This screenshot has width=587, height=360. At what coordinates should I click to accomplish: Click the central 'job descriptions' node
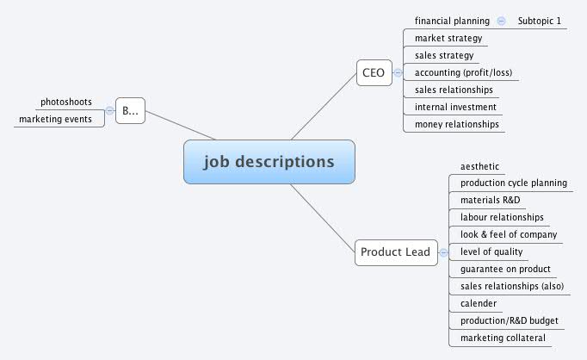269,162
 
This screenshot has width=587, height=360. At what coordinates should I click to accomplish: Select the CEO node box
374,73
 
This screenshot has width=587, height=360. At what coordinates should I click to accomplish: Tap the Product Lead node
395,252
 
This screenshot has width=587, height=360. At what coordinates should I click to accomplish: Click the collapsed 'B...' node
130,110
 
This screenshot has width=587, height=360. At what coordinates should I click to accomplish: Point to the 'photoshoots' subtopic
66,102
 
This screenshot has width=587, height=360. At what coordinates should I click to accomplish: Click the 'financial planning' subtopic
452,21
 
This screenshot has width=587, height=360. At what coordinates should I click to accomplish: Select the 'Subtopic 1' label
539,21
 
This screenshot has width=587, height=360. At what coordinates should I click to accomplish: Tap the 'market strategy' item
448,38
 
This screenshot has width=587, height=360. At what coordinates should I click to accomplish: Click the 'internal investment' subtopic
455,107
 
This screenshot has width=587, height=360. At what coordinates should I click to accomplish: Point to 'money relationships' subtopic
457,124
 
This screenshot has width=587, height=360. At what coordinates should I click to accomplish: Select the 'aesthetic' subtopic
479,166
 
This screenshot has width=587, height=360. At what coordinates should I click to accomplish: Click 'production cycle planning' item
513,183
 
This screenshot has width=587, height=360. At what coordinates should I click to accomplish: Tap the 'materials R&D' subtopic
490,200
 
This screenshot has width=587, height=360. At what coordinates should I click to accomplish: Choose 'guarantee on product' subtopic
505,269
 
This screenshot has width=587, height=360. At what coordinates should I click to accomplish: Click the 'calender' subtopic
478,303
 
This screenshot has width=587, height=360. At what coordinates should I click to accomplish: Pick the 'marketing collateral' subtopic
503,338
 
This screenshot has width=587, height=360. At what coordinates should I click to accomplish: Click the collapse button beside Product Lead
443,252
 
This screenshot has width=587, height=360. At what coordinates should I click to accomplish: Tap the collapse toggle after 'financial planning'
502,21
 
